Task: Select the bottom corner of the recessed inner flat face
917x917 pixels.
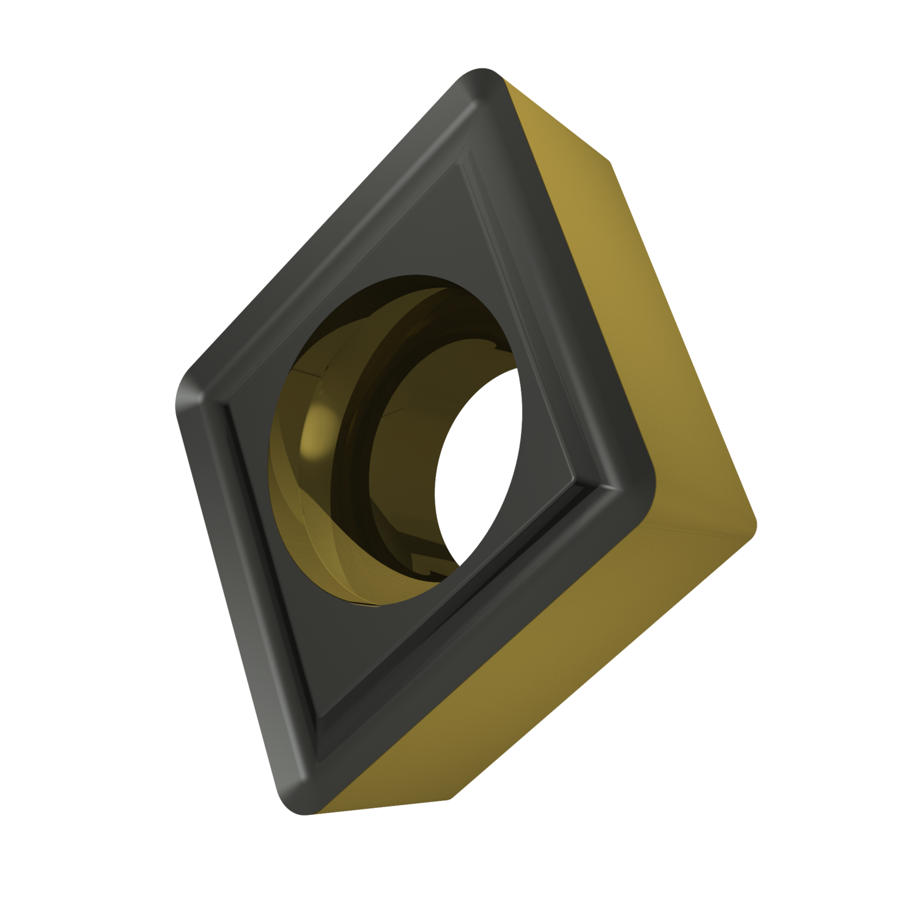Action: coord(321,715)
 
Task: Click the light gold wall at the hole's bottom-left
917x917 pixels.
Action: coord(306,538)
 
